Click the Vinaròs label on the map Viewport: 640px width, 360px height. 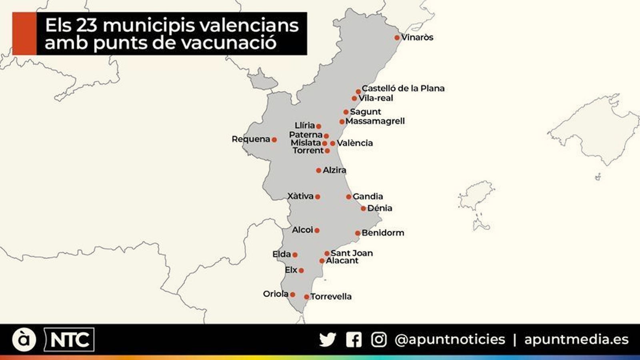[417, 37]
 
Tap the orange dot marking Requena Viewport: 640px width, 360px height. [274, 140]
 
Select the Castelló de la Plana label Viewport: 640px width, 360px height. [403, 88]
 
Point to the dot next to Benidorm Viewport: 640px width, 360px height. [358, 233]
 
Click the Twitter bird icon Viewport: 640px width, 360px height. [328, 340]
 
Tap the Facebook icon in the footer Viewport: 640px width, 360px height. [354, 340]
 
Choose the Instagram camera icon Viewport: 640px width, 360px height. [378, 340]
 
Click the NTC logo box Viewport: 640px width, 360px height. [69, 340]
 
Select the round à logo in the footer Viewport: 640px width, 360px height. [24, 340]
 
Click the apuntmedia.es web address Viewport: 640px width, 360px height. [576, 340]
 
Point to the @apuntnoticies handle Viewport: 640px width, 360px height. [450, 340]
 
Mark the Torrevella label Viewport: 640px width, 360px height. [331, 296]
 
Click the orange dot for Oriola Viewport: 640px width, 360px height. [292, 294]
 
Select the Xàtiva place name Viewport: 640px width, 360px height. [300, 196]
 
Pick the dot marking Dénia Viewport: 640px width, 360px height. [363, 208]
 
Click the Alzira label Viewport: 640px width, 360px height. [334, 170]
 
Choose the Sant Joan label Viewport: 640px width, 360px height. [352, 253]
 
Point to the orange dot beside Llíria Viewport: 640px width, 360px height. [318, 126]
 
